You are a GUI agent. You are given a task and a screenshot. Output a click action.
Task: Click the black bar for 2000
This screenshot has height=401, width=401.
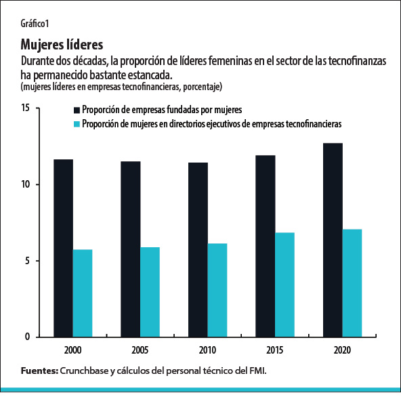64,248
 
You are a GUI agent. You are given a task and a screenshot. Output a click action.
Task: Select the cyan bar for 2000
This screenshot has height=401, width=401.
83,293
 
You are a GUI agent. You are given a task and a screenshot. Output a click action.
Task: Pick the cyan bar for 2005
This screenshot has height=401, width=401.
150,292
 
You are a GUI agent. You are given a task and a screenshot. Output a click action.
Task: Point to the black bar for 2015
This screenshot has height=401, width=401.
266,246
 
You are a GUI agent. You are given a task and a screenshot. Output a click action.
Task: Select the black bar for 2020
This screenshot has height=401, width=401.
333,240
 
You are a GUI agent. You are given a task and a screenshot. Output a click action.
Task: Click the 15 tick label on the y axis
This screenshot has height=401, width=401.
25,108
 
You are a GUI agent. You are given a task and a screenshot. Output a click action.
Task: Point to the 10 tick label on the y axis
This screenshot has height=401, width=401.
25,185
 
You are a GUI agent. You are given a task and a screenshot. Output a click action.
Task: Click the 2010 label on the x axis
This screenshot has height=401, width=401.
208,352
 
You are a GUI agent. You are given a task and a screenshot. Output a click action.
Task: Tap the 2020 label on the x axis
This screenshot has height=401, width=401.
343,352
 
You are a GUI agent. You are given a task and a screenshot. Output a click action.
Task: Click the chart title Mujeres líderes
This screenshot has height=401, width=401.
62,45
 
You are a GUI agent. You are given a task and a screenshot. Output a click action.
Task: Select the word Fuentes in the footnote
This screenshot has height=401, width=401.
39,371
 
